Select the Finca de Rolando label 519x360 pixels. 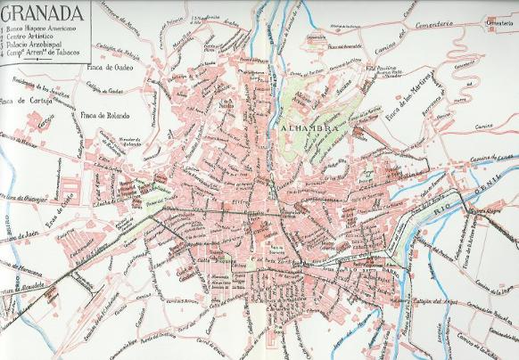tap(104, 117)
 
